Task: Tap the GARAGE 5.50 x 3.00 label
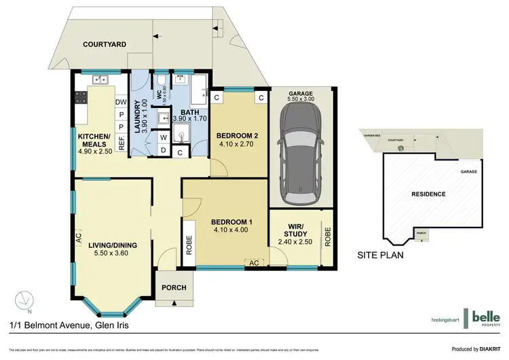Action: pyautogui.click(x=301, y=96)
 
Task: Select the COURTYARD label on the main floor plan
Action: pyautogui.click(x=105, y=44)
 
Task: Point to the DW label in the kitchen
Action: pyautogui.click(x=121, y=103)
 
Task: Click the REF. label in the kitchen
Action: pyautogui.click(x=121, y=143)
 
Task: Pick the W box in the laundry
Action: pyautogui.click(x=164, y=137)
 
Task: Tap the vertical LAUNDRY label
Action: pyautogui.click(x=138, y=117)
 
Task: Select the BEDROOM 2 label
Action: pyautogui.click(x=235, y=134)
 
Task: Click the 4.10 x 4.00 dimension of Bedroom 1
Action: pyautogui.click(x=232, y=230)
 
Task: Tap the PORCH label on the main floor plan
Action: pyautogui.click(x=173, y=287)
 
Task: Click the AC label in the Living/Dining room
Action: pyautogui.click(x=79, y=240)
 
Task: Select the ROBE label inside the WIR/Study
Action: pyautogui.click(x=327, y=234)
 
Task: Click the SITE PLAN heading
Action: pyautogui.click(x=381, y=256)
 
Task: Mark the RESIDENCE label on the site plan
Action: pyautogui.click(x=428, y=194)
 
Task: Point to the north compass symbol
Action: pyautogui.click(x=25, y=299)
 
